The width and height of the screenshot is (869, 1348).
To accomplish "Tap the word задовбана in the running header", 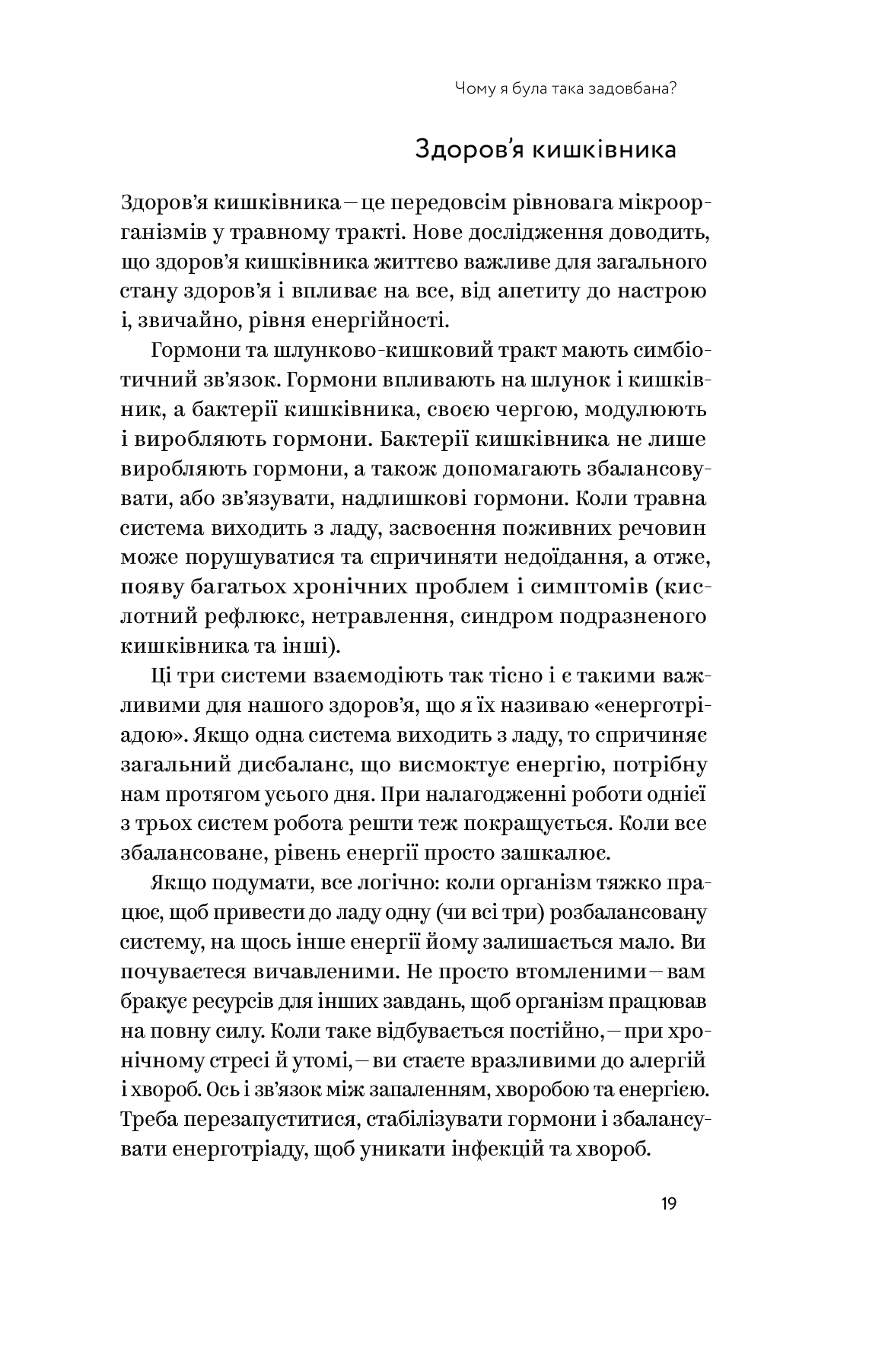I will [x=625, y=89].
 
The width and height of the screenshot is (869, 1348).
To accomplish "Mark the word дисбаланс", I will [x=285, y=765].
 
